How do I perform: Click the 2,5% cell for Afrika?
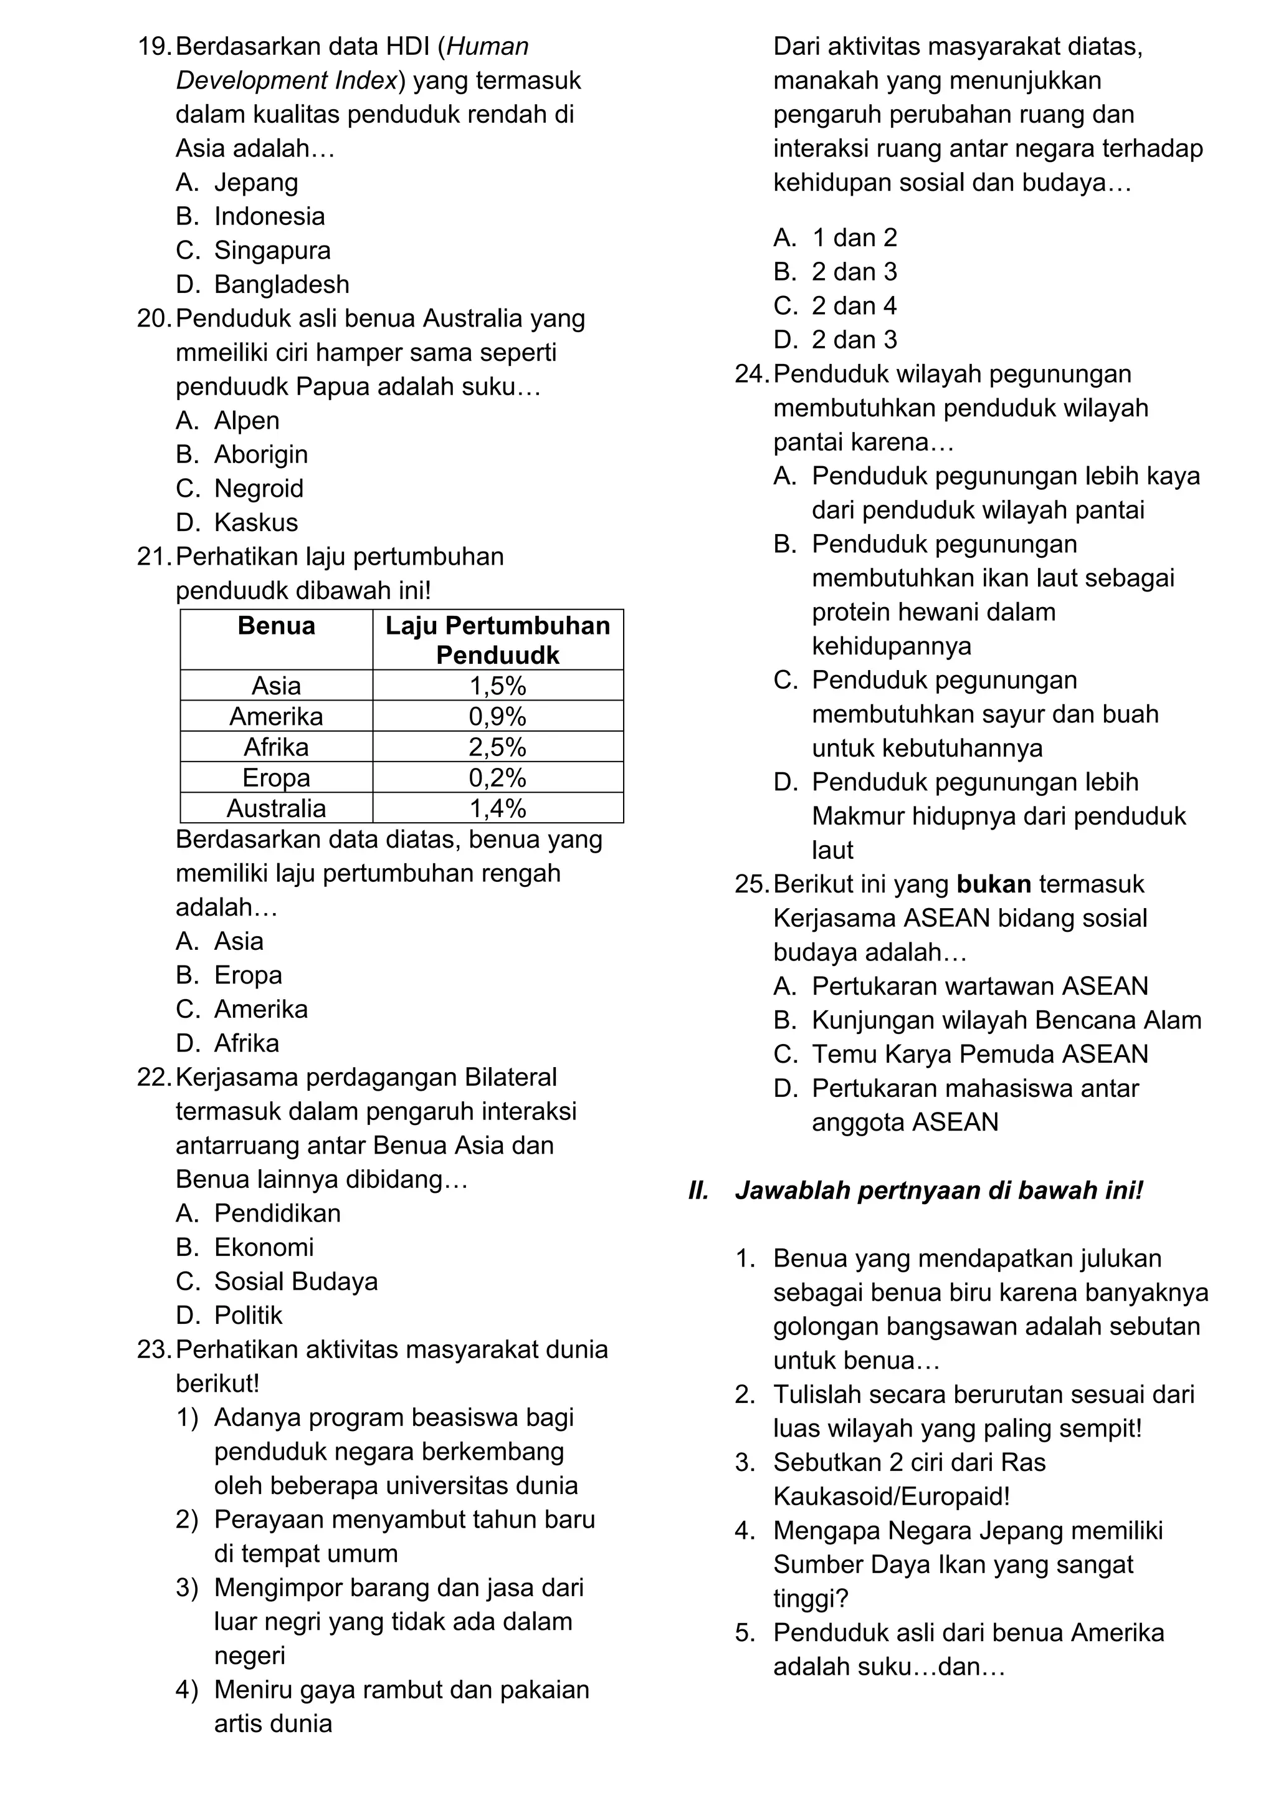pyautogui.click(x=497, y=747)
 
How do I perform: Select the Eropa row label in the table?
pyautogui.click(x=276, y=777)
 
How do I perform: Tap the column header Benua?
pyautogui.click(x=276, y=626)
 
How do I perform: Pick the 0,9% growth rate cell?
pyautogui.click(x=497, y=716)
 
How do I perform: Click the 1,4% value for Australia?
pyautogui.click(x=497, y=808)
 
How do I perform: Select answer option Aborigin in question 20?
pyautogui.click(x=261, y=454)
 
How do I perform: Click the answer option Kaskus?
pyautogui.click(x=256, y=522)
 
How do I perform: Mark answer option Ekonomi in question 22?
pyautogui.click(x=264, y=1247)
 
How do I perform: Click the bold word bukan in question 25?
pyautogui.click(x=994, y=884)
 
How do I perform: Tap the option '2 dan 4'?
pyautogui.click(x=854, y=306)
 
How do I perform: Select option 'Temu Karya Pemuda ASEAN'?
pyautogui.click(x=980, y=1054)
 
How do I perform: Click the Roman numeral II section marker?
pyautogui.click(x=698, y=1190)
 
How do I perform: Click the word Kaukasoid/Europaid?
pyautogui.click(x=891, y=1496)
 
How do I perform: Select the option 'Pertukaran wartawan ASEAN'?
pyautogui.click(x=980, y=986)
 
